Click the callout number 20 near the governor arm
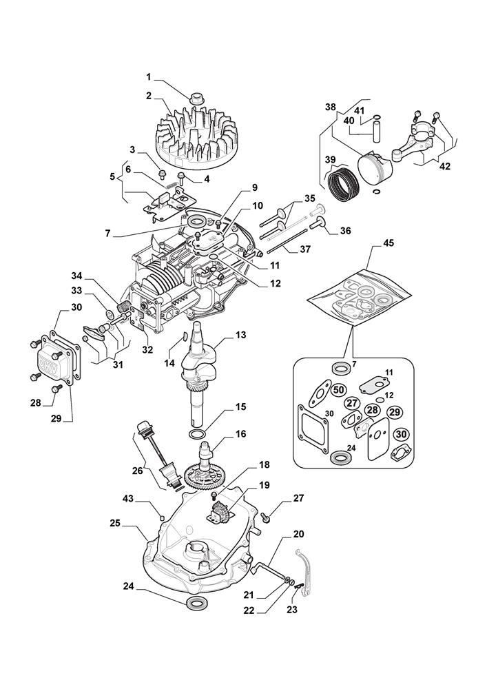[298, 533]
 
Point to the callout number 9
[254, 187]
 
